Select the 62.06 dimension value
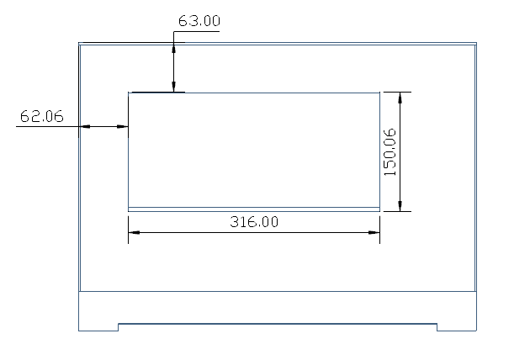(x=42, y=117)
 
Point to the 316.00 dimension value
(x=254, y=222)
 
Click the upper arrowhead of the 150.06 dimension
(x=400, y=97)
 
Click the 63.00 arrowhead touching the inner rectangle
(x=174, y=87)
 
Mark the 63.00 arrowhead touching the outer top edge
(x=174, y=47)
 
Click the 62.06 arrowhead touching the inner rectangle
(x=123, y=127)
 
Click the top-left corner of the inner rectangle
(x=128, y=93)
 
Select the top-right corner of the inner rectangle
(x=379, y=93)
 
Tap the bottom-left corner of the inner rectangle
(x=128, y=209)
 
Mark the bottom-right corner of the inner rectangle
(x=379, y=209)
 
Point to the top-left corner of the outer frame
(x=79, y=43)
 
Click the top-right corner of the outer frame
(x=476, y=43)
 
